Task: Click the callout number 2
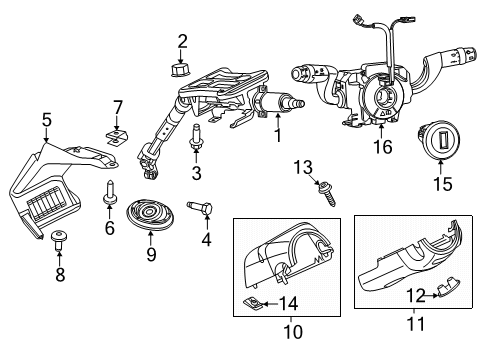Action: coord(182,41)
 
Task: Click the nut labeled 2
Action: coord(182,68)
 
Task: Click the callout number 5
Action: coord(46,122)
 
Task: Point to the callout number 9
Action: coord(151,254)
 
